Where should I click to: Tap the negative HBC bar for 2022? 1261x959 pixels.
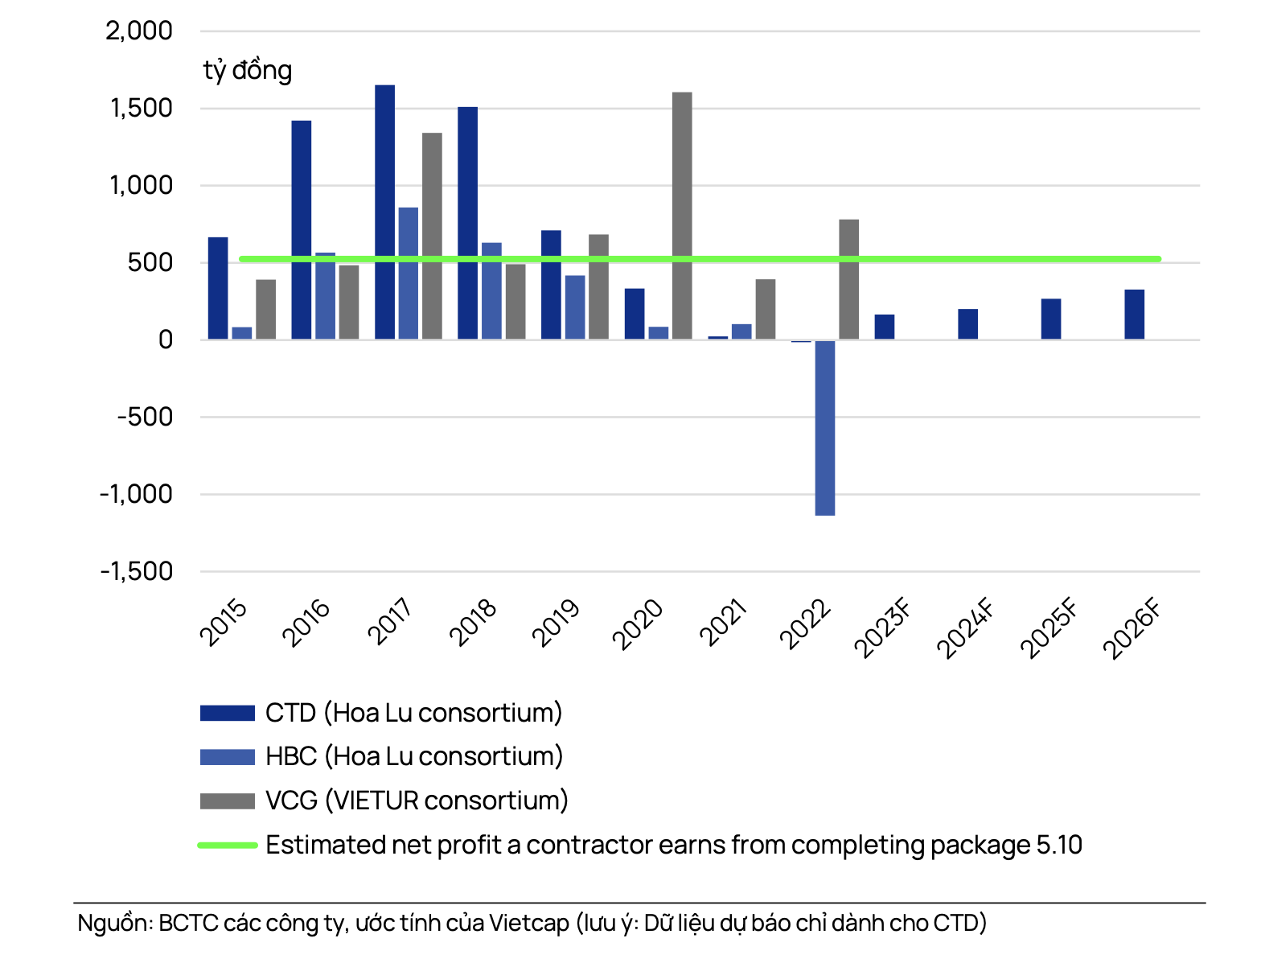824,427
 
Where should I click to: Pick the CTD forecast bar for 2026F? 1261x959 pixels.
1134,315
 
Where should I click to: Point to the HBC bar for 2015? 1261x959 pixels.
242,333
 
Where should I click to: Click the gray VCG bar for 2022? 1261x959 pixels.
848,279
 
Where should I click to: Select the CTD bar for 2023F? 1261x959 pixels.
885,327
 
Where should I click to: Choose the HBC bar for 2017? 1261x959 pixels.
409,273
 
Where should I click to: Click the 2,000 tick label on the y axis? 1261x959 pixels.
139,31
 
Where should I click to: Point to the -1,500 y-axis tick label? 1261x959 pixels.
137,571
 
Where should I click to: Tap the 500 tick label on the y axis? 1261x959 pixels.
150,262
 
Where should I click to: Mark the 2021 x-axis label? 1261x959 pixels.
723,623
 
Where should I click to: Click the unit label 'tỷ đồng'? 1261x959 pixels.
248,71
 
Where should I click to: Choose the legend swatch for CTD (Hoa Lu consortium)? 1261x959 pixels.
228,713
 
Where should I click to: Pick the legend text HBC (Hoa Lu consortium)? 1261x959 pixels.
414,756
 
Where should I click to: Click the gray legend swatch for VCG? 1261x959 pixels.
228,801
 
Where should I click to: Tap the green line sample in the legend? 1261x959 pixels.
228,845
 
